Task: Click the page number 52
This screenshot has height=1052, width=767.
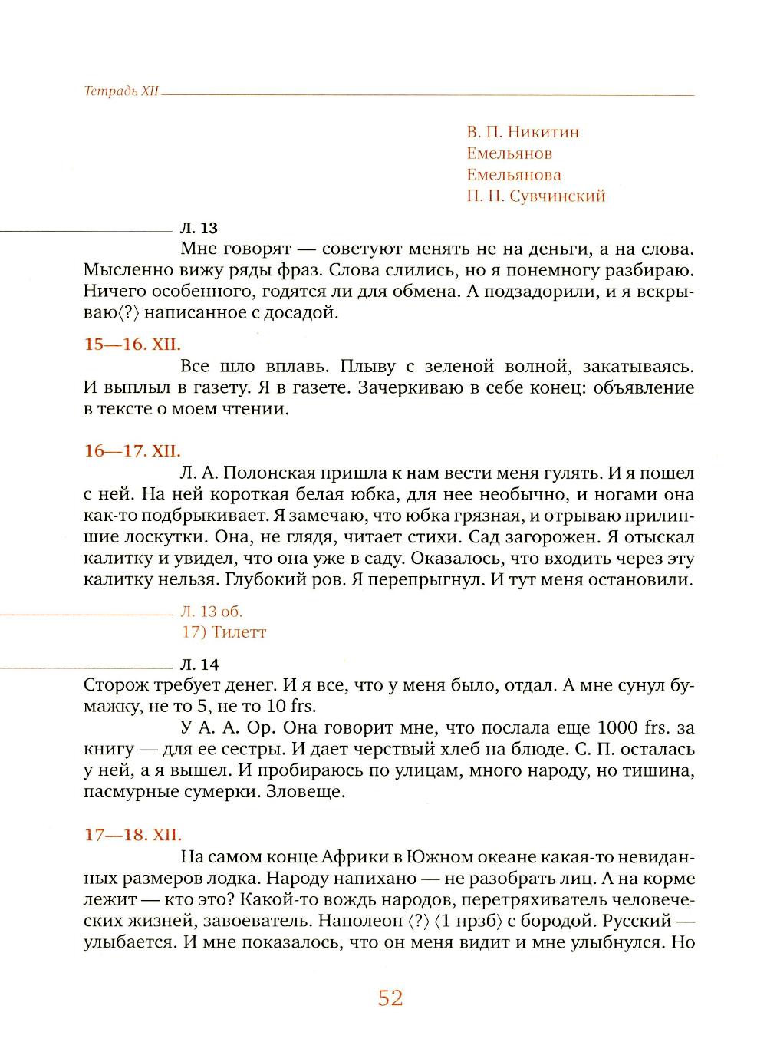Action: click(x=390, y=998)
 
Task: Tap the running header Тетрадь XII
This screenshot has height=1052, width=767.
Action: click(x=121, y=91)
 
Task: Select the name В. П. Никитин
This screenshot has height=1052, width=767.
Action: click(x=522, y=132)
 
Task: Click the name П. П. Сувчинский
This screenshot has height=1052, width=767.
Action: click(x=535, y=196)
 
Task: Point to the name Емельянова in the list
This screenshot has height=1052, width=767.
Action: click(x=513, y=175)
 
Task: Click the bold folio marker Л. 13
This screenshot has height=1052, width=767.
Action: click(x=199, y=228)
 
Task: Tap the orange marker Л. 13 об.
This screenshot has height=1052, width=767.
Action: click(x=212, y=612)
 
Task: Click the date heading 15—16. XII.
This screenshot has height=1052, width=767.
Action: click(x=132, y=345)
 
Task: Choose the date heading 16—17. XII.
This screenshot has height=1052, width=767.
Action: click(x=132, y=451)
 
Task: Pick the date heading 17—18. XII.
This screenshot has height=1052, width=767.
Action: click(x=132, y=834)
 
